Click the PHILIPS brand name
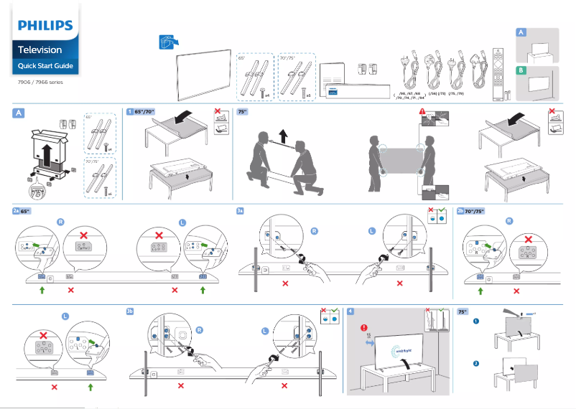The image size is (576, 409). tap(45, 26)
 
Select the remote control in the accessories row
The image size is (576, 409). tap(494, 71)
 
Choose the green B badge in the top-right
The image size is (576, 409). tap(521, 70)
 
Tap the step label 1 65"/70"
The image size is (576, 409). tap(144, 112)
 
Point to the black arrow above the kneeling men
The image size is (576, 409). tap(282, 134)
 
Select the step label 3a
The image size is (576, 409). tap(241, 211)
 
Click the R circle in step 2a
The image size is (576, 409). tap(60, 222)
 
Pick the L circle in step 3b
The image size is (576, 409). tap(265, 331)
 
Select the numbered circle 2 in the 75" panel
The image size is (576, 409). tap(475, 363)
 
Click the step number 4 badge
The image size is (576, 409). tap(350, 311)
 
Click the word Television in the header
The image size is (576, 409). tap(40, 50)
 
